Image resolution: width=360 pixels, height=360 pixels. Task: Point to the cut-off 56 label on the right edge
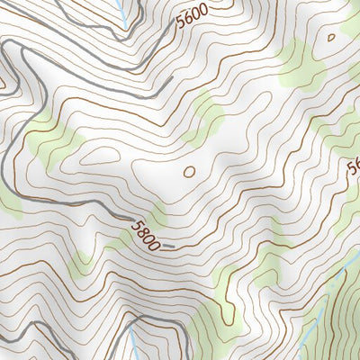(353, 168)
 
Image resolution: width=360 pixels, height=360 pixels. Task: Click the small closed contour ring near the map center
(189, 170)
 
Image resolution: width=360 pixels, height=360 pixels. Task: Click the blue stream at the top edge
(121, 11)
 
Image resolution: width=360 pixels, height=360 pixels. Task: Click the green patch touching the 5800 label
(158, 216)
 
